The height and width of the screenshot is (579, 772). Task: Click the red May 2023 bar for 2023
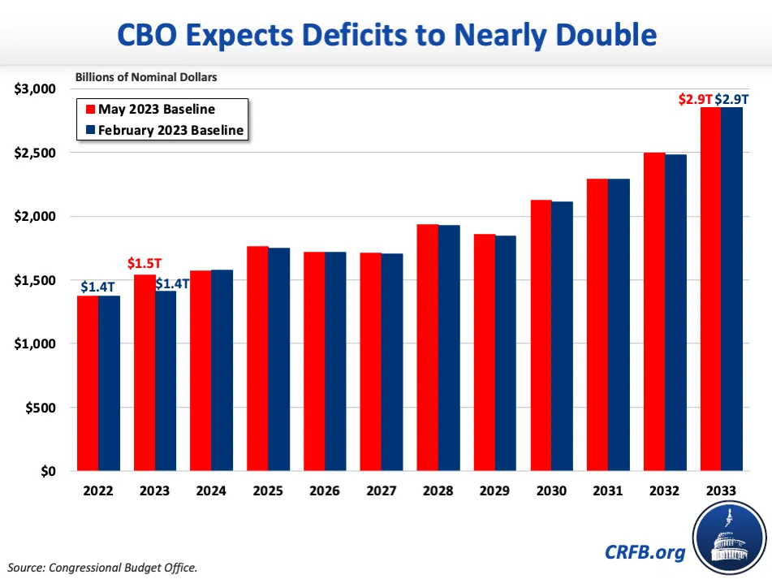[144, 373]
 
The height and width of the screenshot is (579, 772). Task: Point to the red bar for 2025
[258, 358]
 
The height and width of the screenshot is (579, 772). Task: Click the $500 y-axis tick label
[41, 408]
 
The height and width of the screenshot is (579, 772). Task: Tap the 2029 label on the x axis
[494, 491]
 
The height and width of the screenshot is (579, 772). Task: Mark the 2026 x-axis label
[325, 491]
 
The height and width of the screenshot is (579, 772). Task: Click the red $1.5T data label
[144, 264]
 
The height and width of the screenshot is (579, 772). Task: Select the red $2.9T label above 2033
[697, 99]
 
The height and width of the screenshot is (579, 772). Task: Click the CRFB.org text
[645, 552]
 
